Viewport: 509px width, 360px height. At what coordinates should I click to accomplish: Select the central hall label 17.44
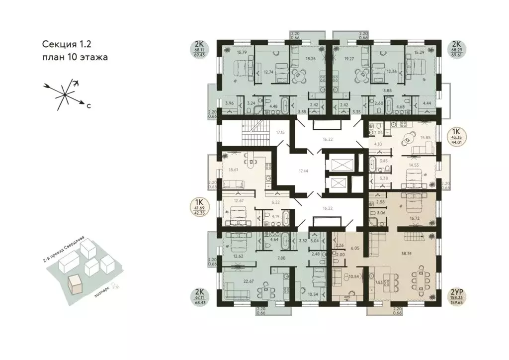(x=303, y=171)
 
